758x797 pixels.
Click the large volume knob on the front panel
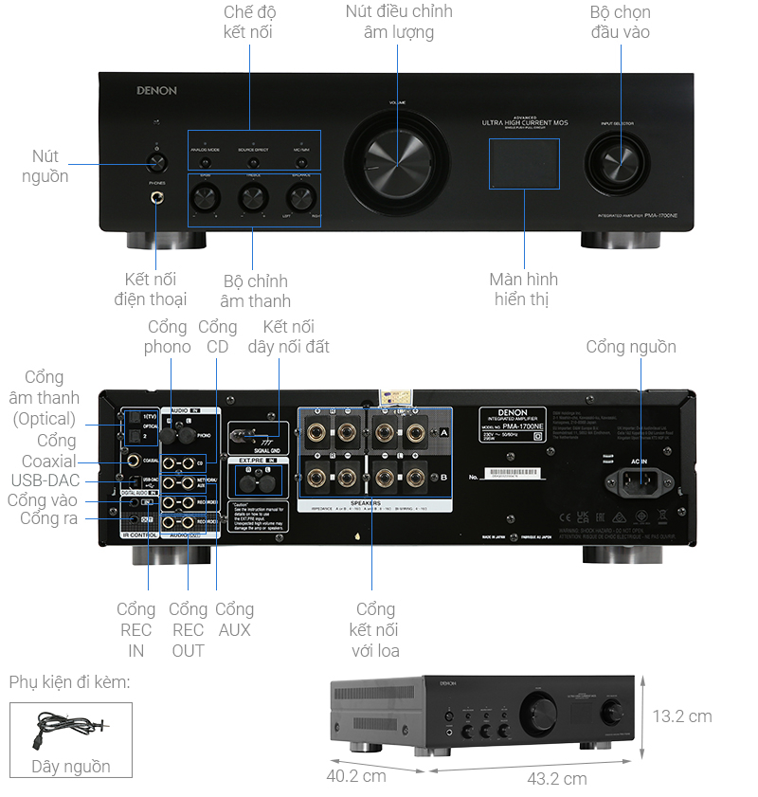coord(390,158)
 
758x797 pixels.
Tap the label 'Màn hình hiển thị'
coord(524,289)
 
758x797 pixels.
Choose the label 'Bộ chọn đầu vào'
coord(620,22)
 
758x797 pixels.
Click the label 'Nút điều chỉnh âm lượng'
coord(399,22)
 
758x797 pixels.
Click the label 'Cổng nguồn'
coord(631,347)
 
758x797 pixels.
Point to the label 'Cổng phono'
coord(168,336)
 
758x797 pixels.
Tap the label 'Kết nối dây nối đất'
coord(289,336)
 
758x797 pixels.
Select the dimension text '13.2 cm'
coord(681,715)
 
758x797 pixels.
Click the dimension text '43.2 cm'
coord(556,778)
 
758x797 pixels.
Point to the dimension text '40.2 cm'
coord(355,775)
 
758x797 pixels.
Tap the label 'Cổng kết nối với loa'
coord(376,629)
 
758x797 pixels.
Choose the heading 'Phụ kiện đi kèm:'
coord(69,682)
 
